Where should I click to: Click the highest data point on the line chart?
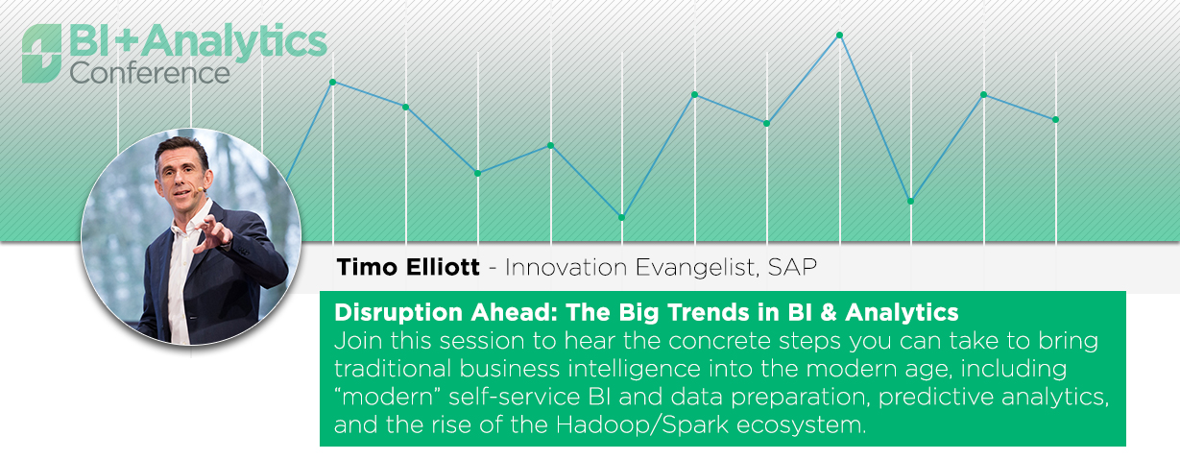pos(840,36)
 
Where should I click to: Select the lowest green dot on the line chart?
pos(621,217)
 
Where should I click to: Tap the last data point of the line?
pos(1055,120)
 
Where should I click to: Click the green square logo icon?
pos(41,54)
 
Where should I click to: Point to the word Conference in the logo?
pos(150,73)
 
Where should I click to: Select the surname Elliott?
pos(443,267)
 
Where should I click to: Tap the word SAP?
pos(792,267)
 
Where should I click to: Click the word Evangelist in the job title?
pos(697,268)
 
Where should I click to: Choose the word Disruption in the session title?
pos(398,312)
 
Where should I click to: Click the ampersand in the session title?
pos(828,312)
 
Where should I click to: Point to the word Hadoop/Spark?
pos(642,424)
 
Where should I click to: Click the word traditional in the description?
pos(393,369)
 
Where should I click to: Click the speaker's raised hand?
pos(212,235)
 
